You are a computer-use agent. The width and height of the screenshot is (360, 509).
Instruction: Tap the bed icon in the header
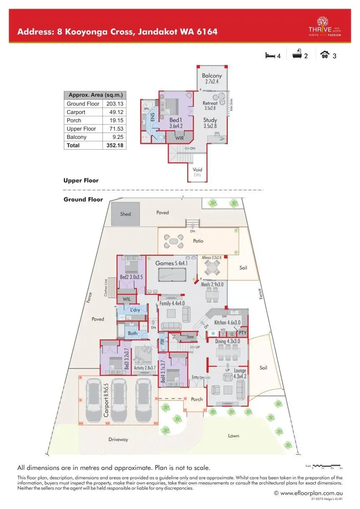click(x=270, y=55)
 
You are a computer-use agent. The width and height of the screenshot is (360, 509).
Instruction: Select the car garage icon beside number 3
click(x=324, y=55)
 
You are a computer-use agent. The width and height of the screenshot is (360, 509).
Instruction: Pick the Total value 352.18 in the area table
click(x=113, y=145)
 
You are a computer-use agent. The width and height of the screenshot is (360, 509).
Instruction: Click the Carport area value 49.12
click(x=113, y=112)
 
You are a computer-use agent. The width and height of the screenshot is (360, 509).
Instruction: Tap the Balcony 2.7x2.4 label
click(x=212, y=79)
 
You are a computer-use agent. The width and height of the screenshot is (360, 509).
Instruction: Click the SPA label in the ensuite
click(x=146, y=109)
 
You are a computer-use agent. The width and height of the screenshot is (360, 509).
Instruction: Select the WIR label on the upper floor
click(x=179, y=138)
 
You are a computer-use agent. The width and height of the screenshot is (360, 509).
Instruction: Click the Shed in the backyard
click(x=126, y=214)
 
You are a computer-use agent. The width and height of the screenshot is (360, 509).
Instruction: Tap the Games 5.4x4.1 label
click(x=171, y=263)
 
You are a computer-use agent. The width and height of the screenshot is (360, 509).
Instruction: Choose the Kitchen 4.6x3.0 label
click(x=227, y=323)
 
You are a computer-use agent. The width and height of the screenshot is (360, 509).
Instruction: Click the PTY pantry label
click(x=242, y=333)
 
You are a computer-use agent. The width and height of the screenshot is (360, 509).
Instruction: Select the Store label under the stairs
click(x=190, y=336)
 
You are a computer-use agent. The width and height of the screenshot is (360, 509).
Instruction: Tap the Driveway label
click(x=118, y=439)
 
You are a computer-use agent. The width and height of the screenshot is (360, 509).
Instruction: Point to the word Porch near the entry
click(x=197, y=399)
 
